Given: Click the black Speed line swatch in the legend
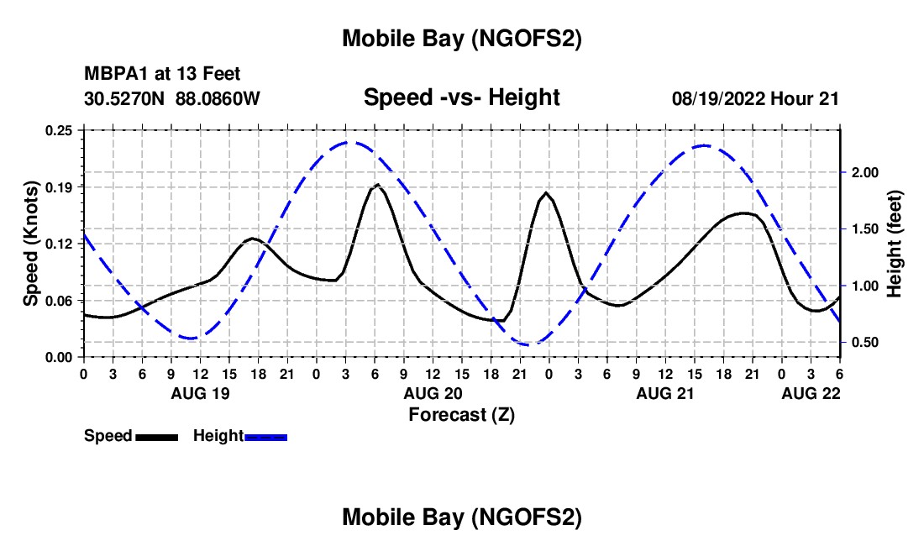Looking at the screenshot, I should [x=156, y=436].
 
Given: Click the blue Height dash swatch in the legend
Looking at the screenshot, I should [x=265, y=436].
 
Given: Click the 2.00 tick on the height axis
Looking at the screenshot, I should [x=864, y=172].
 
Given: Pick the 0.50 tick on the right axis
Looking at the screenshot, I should [x=864, y=343].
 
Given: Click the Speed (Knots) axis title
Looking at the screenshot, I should [x=31, y=244].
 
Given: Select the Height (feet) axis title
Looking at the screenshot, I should [x=894, y=244].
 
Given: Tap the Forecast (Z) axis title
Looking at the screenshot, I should [x=461, y=414].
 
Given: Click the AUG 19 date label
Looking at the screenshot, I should [x=199, y=393].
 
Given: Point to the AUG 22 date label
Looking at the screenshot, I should [x=811, y=393].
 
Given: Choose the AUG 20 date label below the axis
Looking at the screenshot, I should [x=433, y=393].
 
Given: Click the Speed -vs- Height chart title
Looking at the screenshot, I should [x=461, y=97].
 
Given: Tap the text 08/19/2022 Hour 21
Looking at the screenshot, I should [x=755, y=98].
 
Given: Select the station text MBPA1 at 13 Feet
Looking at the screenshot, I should [x=162, y=74].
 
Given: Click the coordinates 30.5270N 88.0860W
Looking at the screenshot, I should [x=172, y=98].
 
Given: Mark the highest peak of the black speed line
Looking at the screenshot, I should [x=377, y=184].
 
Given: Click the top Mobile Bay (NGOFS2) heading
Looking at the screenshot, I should [x=461, y=39].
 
